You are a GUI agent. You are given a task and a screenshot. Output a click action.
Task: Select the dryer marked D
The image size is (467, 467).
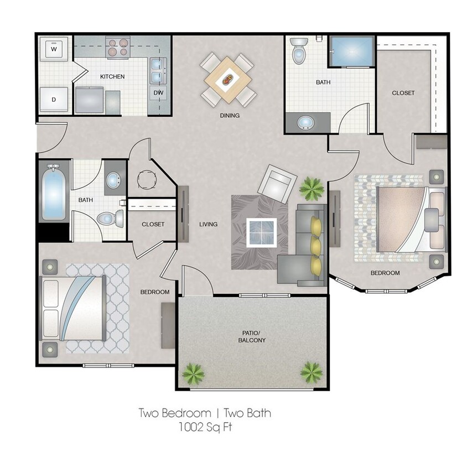click(54, 100)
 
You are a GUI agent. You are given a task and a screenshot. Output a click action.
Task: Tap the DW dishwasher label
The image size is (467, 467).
click(158, 92)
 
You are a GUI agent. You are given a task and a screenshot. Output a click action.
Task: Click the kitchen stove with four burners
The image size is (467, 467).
click(117, 48)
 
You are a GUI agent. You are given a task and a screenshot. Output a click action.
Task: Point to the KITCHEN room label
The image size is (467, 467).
click(112, 76)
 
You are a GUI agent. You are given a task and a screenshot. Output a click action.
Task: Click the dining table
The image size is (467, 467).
click(228, 79)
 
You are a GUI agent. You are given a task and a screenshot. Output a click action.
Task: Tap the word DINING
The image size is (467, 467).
click(229, 116)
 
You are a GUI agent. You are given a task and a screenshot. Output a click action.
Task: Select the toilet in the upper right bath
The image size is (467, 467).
click(299, 51)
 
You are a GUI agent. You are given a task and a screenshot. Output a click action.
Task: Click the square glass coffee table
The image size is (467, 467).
click(262, 232)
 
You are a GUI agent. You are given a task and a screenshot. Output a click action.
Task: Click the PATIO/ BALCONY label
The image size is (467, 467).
click(253, 336)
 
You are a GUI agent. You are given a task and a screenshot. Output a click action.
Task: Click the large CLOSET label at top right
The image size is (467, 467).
click(403, 93)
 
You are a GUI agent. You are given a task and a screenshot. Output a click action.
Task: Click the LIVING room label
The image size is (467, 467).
click(208, 224)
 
